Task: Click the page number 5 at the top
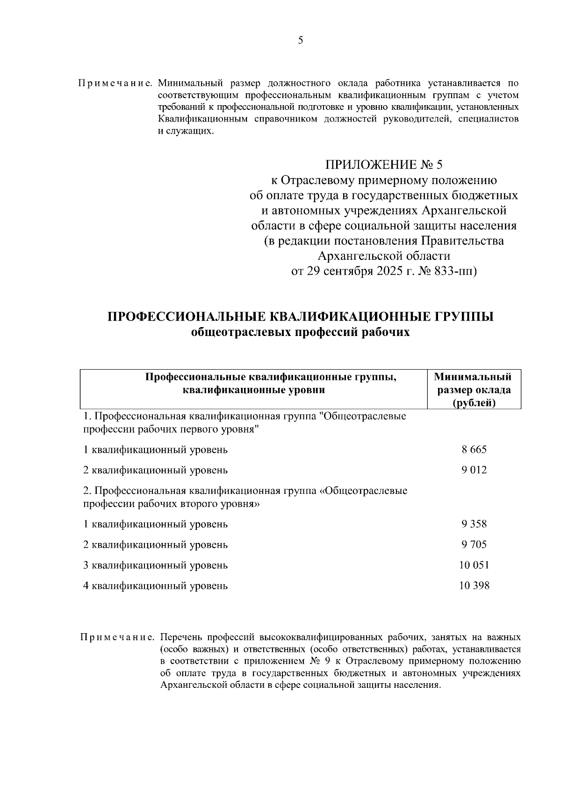pyautogui.click(x=300, y=41)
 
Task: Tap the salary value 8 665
pyautogui.click(x=474, y=450)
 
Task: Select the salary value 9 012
pyautogui.click(x=474, y=470)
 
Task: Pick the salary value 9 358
pyautogui.click(x=474, y=524)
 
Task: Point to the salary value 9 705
pyautogui.click(x=474, y=545)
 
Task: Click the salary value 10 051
pyautogui.click(x=474, y=565)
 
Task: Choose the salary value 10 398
pyautogui.click(x=474, y=586)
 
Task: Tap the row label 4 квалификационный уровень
pyautogui.click(x=155, y=586)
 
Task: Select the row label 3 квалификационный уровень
pyautogui.click(x=155, y=565)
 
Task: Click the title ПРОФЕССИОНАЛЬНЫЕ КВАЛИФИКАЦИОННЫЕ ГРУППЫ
pyautogui.click(x=301, y=317)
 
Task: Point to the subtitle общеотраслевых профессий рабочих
pyautogui.click(x=301, y=333)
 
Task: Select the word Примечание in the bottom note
pyautogui.click(x=117, y=637)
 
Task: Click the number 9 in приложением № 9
pyautogui.click(x=327, y=662)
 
